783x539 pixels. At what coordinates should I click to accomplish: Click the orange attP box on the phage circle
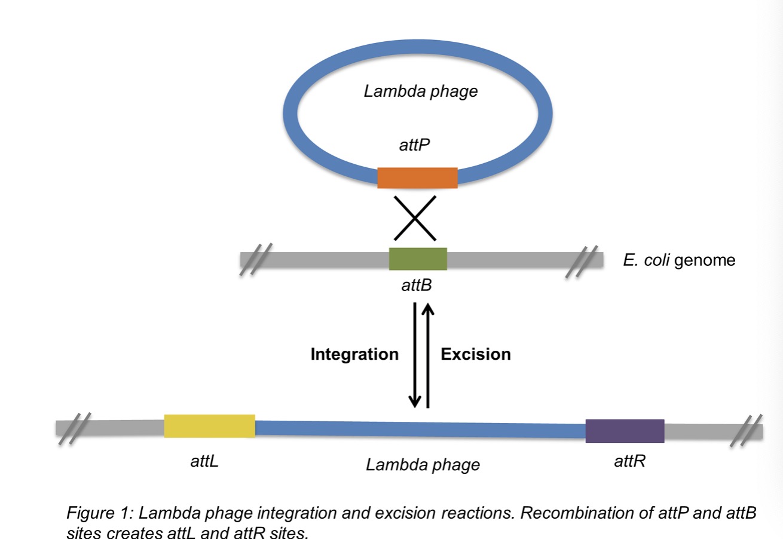tap(417, 177)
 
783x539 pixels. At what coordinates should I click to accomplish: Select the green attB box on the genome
tap(418, 259)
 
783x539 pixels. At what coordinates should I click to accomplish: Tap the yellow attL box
tap(209, 425)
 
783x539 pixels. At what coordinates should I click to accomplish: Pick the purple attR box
tap(625, 431)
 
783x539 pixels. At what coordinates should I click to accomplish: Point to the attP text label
tap(417, 145)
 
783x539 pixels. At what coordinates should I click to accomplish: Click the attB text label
tap(417, 286)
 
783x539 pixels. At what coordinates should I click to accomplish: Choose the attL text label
tap(201, 462)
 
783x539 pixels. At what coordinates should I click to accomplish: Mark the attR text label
tap(629, 461)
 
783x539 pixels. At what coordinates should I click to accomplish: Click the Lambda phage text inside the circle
tap(421, 91)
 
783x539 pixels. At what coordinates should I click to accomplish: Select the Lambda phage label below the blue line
tap(423, 464)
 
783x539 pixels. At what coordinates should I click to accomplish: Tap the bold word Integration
tap(354, 354)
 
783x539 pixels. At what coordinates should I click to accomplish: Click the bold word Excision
tap(476, 354)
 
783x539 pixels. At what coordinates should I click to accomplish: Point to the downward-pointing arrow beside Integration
tap(415, 356)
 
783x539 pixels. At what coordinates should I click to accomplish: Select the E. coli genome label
tap(679, 261)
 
